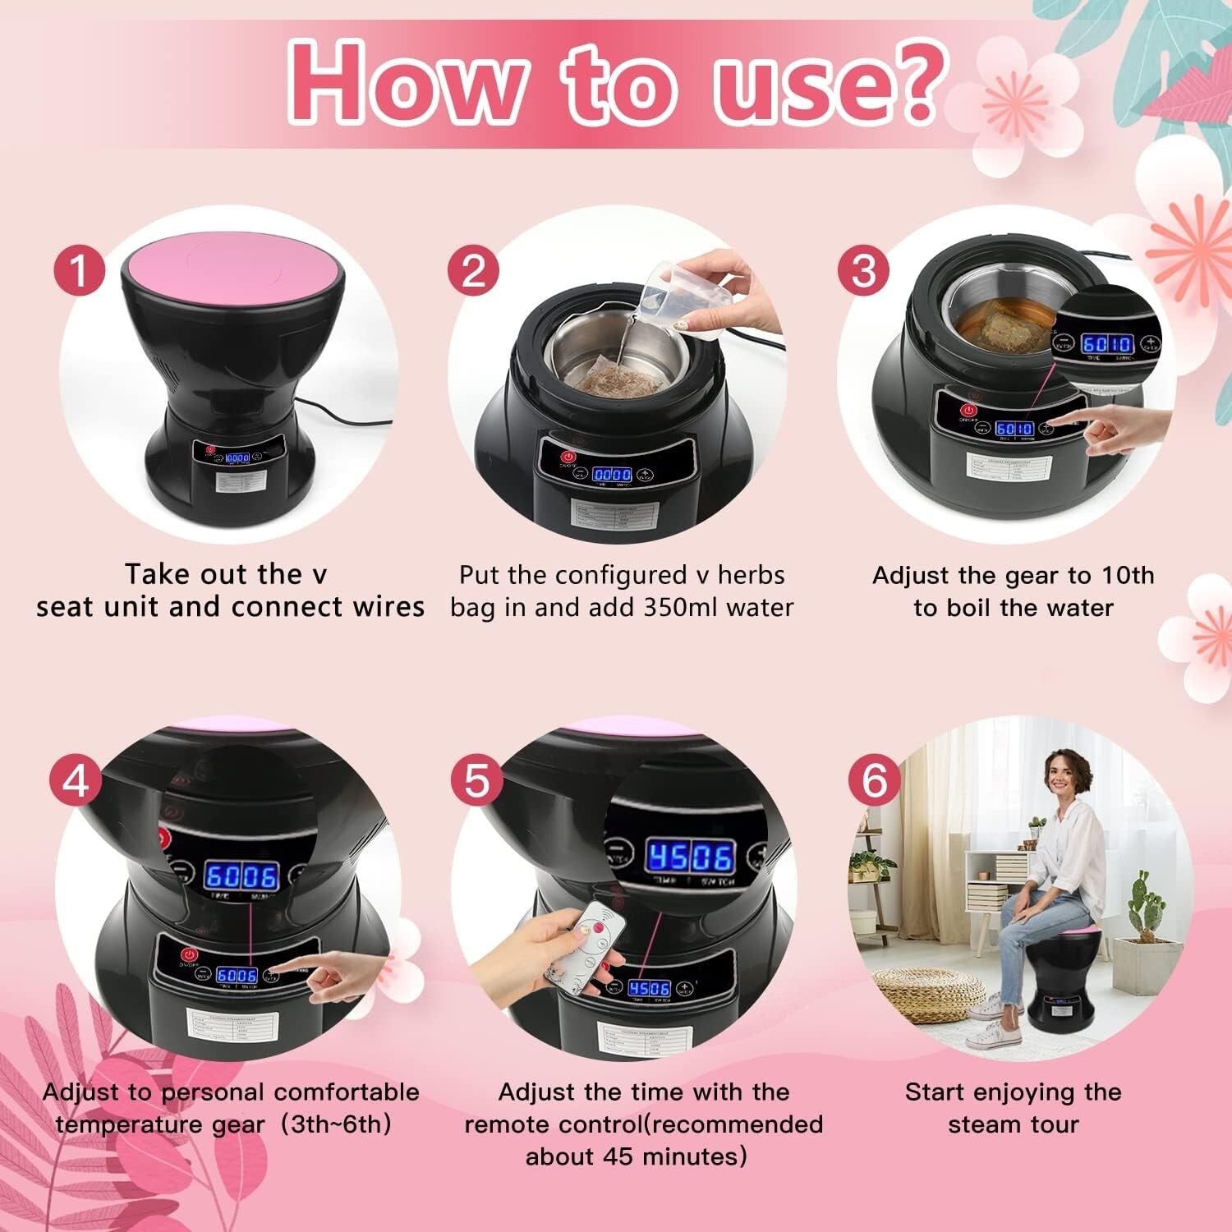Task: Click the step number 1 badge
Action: coord(80,271)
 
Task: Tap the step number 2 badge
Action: coord(473,271)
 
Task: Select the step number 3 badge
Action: coord(863,271)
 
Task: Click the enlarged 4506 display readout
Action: coord(689,857)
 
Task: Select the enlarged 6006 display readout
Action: coord(241,876)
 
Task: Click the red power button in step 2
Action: coord(567,457)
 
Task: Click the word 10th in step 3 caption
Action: coord(1127,575)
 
